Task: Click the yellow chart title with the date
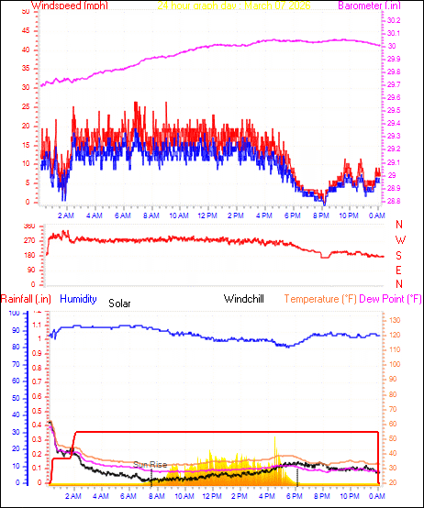pyautogui.click(x=233, y=6)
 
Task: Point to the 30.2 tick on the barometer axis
pyautogui.click(x=393, y=20)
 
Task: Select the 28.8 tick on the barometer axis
pyautogui.click(x=393, y=201)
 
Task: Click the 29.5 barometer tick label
pyautogui.click(x=393, y=110)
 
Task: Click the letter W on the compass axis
pyautogui.click(x=399, y=240)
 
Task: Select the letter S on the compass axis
pyautogui.click(x=399, y=255)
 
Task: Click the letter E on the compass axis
pyautogui.click(x=399, y=270)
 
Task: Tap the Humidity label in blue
pyautogui.click(x=78, y=298)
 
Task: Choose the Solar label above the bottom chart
pyautogui.click(x=120, y=303)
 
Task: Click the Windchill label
pyautogui.click(x=245, y=298)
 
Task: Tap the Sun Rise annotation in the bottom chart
pyautogui.click(x=151, y=465)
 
